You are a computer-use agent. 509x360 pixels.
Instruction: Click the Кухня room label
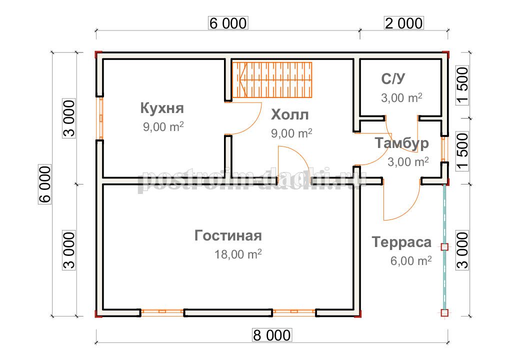click(162, 108)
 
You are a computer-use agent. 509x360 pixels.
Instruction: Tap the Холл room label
click(289, 114)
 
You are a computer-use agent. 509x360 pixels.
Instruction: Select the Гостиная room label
click(228, 235)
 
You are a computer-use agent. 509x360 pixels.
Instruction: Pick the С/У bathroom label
click(393, 79)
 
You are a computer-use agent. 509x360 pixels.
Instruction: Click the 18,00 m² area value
click(238, 254)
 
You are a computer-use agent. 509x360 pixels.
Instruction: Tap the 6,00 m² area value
click(411, 260)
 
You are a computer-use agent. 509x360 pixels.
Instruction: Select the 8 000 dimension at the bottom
click(272, 335)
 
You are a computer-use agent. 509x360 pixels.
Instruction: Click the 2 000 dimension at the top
click(404, 23)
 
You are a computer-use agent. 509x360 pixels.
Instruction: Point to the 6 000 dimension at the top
click(228, 23)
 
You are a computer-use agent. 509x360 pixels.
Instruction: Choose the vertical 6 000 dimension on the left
click(45, 184)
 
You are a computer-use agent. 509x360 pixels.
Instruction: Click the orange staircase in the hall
click(272, 80)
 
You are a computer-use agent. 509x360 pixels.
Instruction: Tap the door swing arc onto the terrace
click(409, 211)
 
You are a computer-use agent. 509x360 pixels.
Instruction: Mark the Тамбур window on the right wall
click(444, 149)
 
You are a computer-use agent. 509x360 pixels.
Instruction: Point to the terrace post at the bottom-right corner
click(444, 313)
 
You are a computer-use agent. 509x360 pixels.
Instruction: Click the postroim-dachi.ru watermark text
click(252, 180)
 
